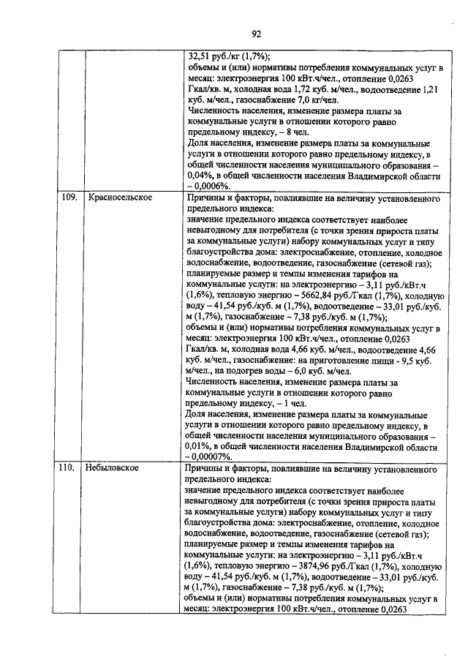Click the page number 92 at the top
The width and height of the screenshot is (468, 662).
[x=257, y=33]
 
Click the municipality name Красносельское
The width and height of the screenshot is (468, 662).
[x=120, y=198]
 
